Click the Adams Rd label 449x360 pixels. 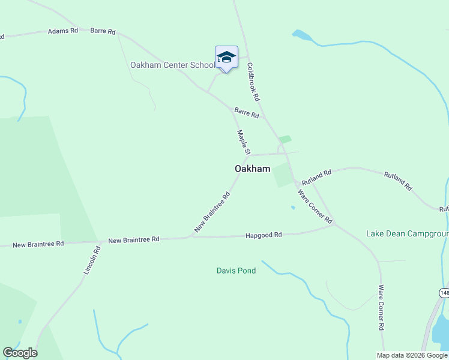[63, 31]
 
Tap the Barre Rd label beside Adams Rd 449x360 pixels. [102, 31]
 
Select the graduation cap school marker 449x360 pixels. [226, 58]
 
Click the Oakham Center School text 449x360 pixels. [172, 65]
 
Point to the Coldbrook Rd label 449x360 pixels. [252, 82]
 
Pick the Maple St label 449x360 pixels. [244, 143]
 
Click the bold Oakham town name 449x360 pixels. [252, 169]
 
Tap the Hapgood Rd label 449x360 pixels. [264, 235]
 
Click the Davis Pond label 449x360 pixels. [236, 271]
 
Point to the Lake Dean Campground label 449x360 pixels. [407, 233]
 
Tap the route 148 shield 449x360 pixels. [444, 293]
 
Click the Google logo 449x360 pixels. [20, 353]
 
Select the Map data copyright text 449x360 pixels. [412, 355]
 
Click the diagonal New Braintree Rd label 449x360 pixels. [212, 212]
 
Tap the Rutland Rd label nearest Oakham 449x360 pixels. [317, 177]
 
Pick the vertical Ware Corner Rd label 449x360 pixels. [381, 308]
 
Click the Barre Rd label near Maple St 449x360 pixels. [246, 113]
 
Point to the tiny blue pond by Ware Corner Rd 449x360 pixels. [292, 208]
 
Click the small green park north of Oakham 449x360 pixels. [285, 139]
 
